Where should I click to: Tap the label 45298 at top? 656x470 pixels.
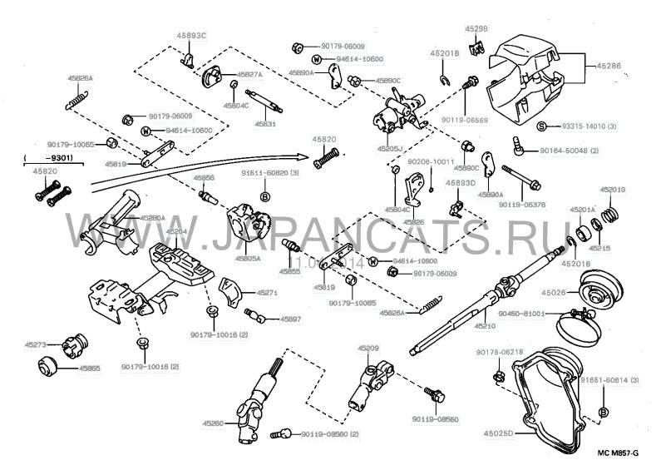476,28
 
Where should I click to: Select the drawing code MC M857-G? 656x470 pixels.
618,454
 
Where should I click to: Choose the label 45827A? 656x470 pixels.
247,74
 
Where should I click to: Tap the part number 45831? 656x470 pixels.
264,123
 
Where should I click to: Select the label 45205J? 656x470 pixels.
389,148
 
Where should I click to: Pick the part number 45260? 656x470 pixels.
212,423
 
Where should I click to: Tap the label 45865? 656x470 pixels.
89,367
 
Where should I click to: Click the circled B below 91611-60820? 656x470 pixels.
265,196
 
